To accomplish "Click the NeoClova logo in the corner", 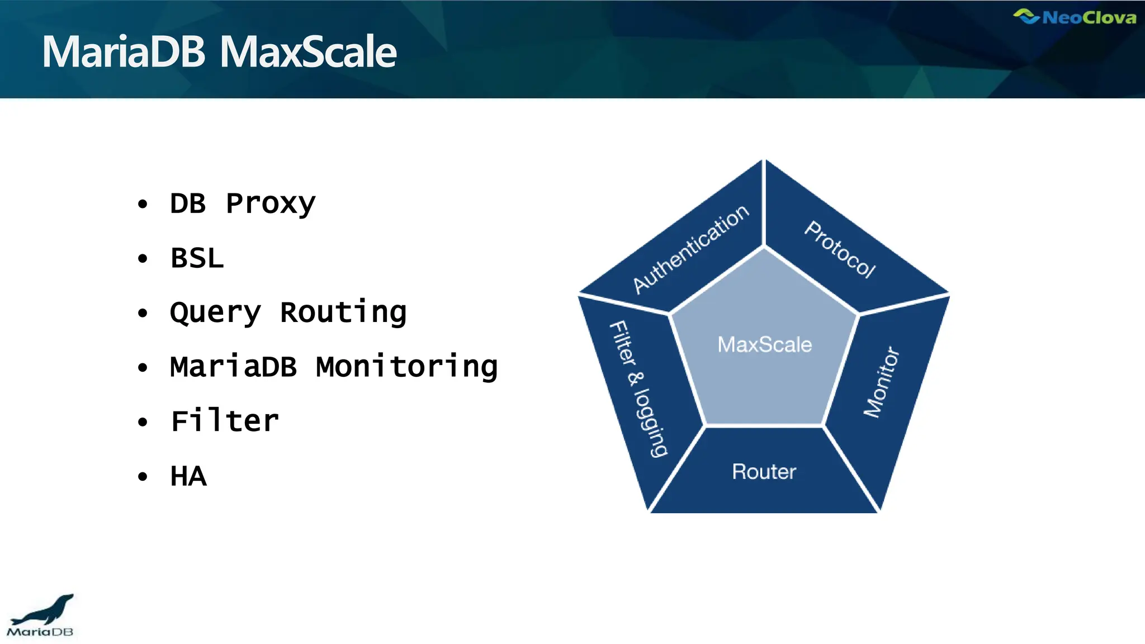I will (1074, 17).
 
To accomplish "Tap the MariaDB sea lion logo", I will (40, 615).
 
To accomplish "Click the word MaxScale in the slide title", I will (308, 52).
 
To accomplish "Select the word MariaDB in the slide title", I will (124, 52).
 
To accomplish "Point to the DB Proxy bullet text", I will (243, 203).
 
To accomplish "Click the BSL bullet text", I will (197, 258).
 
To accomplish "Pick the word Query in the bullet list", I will (215, 312).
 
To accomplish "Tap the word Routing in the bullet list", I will (343, 312).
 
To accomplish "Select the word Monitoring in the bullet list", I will (406, 367).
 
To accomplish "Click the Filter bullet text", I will (225, 422).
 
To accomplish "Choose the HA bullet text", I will (188, 476).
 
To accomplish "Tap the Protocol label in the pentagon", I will (840, 249).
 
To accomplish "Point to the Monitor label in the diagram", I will (882, 382).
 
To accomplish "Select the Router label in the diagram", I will (764, 472).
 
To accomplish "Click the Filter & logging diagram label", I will (638, 389).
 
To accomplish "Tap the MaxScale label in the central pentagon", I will (764, 344).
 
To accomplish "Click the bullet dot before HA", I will (143, 477).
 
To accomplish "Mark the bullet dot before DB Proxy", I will (143, 204).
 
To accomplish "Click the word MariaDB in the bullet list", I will (234, 367).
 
